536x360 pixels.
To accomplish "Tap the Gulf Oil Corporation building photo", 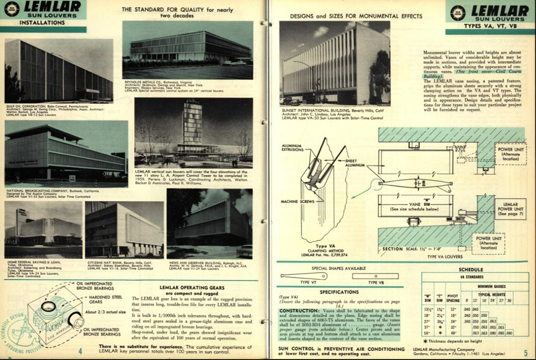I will [x=58, y=70].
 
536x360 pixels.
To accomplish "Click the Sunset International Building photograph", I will [x=334, y=64].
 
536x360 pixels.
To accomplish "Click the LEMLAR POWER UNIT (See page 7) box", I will [x=510, y=208].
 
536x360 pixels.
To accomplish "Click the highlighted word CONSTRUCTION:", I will [x=296, y=311].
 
